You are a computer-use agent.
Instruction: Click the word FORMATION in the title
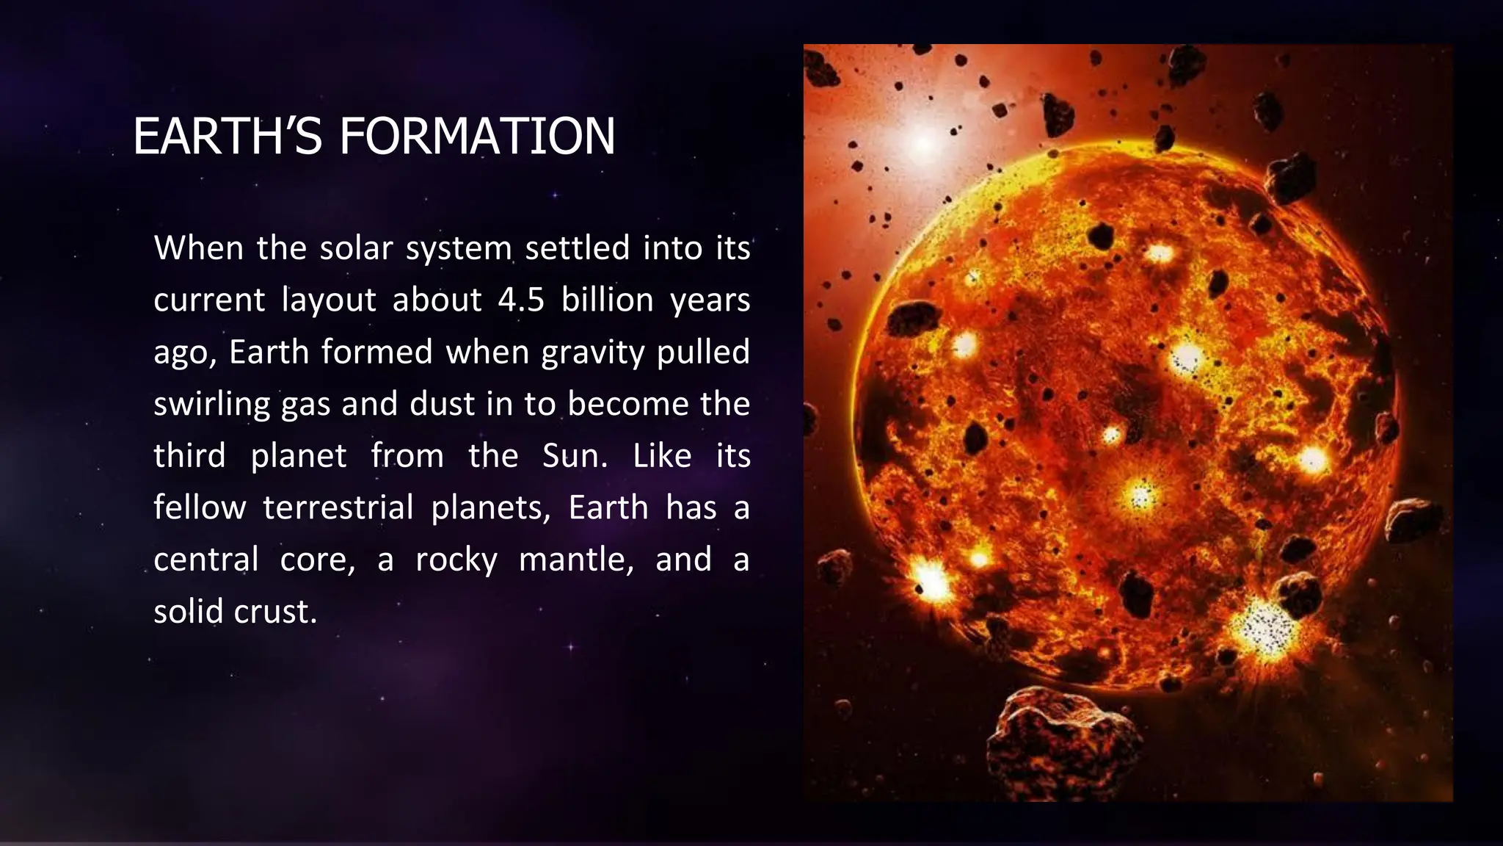477,137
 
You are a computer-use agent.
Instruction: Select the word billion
608,300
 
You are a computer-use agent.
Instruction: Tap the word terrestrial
338,508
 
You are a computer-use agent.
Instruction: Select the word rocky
456,560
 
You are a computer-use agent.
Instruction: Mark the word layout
329,300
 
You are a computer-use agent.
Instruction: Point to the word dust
442,404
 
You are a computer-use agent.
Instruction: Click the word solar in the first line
356,248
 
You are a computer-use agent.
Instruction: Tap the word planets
490,508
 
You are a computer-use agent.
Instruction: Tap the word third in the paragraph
189,456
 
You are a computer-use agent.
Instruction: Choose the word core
317,560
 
